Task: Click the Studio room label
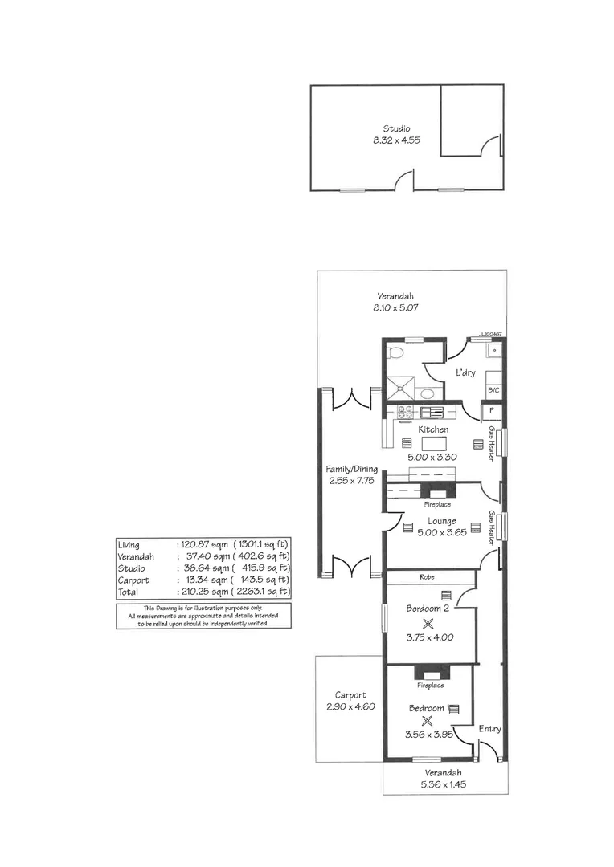tap(396, 128)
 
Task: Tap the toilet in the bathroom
tap(394, 353)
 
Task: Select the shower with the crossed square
tap(399, 389)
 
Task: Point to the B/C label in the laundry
tap(493, 390)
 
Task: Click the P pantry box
tap(489, 412)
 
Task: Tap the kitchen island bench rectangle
tap(433, 443)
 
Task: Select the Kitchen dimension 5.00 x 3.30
tap(432, 457)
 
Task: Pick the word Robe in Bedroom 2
tap(428, 577)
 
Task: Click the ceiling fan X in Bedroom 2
tap(428, 623)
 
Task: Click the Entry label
tap(489, 729)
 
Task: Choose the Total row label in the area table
tap(129, 590)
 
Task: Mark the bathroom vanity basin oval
tap(428, 393)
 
